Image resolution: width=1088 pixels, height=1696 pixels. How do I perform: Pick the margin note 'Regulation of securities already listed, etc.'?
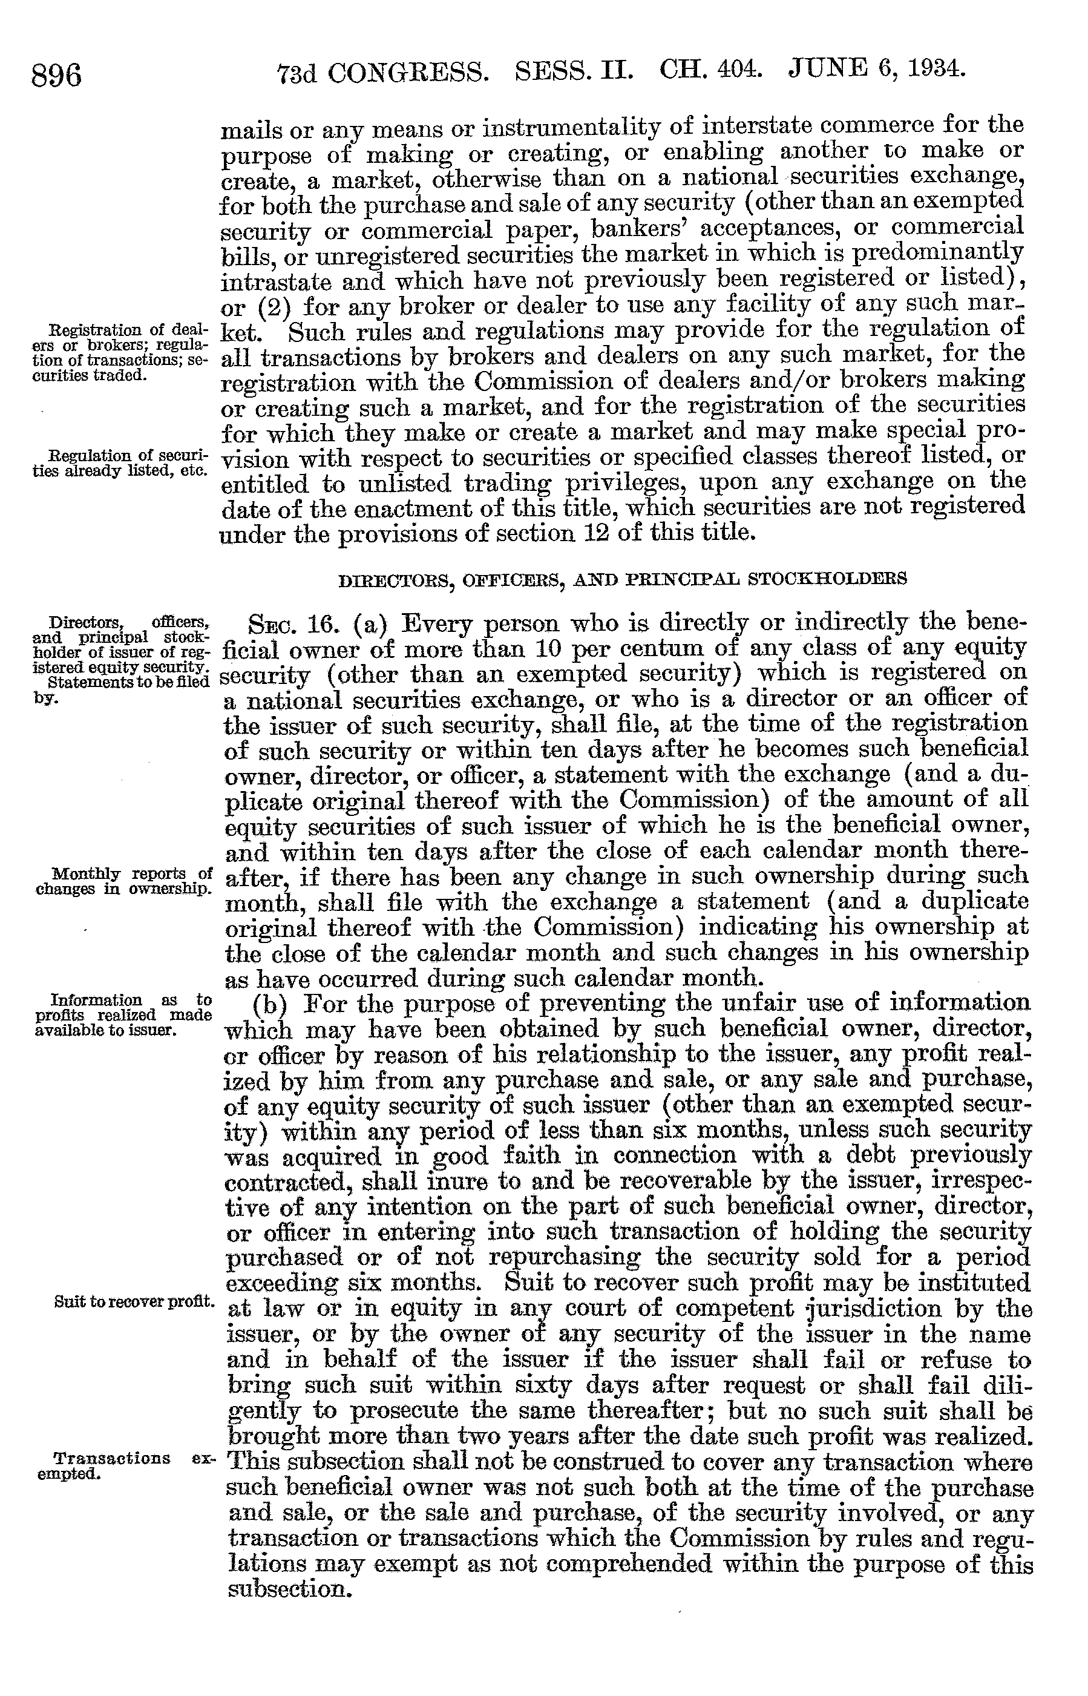click(x=120, y=463)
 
